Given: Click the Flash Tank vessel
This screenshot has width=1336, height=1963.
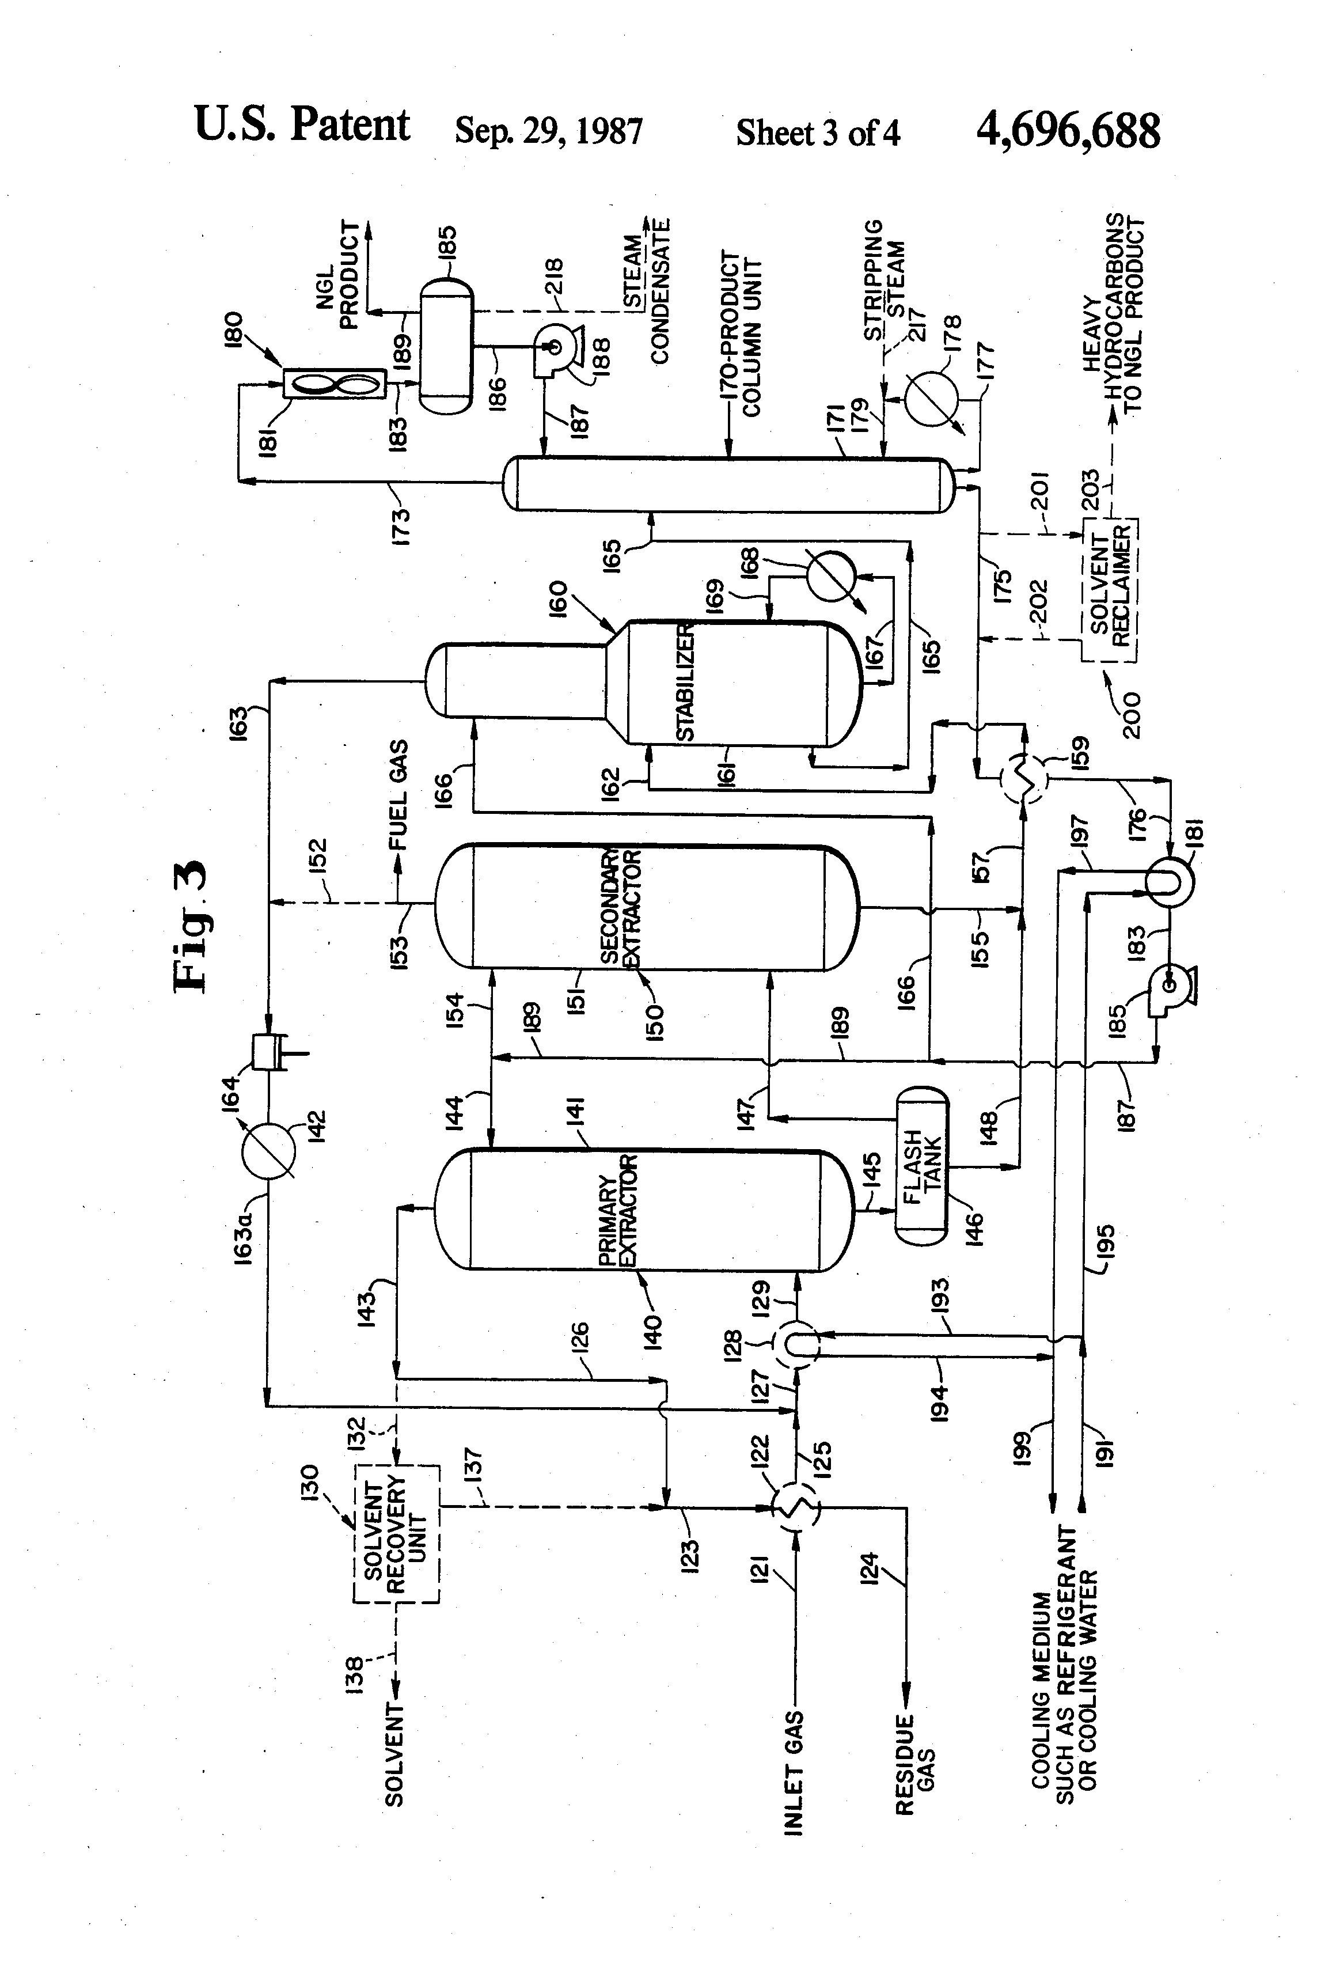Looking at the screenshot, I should (x=922, y=1166).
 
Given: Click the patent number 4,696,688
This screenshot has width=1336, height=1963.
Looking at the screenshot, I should (x=1068, y=131).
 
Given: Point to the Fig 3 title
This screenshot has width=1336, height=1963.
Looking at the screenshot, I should (x=190, y=925).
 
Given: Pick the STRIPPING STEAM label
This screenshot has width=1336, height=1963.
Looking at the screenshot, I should (x=884, y=279).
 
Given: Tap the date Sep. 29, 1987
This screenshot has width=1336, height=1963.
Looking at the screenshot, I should (x=549, y=131).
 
